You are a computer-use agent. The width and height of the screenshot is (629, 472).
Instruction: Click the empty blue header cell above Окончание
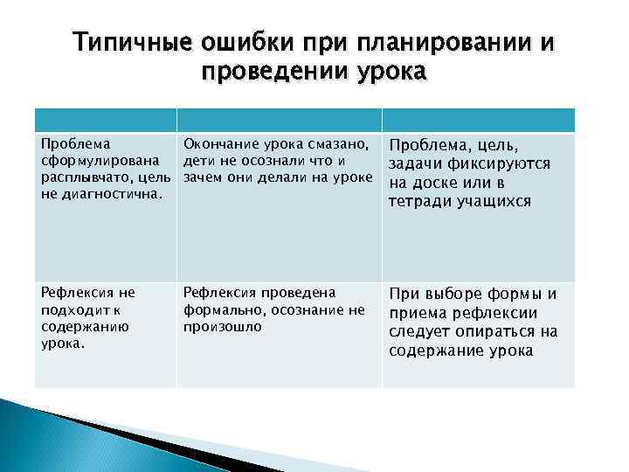click(279, 120)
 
